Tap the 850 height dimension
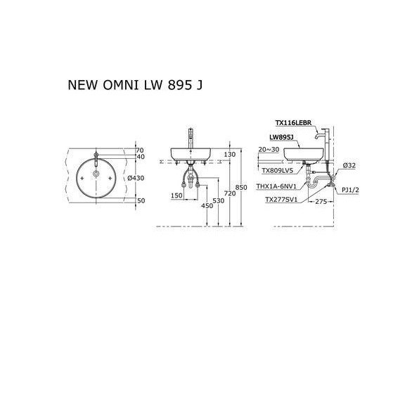tap(241, 187)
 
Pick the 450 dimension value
tap(207, 205)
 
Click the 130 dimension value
tap(230, 155)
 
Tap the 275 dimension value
tap(323, 202)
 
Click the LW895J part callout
tap(281, 138)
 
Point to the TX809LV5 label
tap(276, 170)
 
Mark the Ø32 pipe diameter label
tap(348, 166)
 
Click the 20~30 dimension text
tap(269, 150)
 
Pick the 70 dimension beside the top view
tap(139, 150)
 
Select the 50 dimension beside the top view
tap(139, 200)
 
